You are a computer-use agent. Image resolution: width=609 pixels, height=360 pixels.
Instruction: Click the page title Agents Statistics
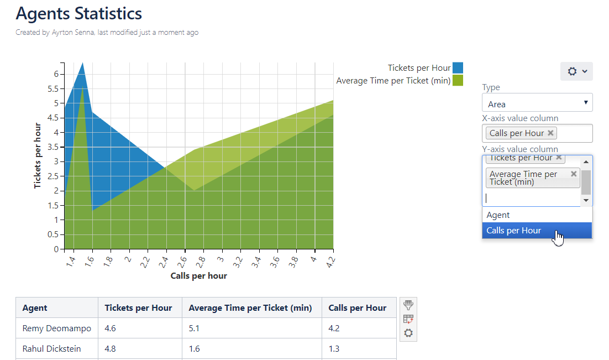tap(78, 13)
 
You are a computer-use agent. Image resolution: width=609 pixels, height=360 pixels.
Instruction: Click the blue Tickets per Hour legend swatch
tap(458, 68)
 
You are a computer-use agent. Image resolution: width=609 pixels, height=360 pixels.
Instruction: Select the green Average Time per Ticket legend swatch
tap(458, 81)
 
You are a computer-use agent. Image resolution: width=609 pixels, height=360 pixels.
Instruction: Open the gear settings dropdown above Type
tap(576, 71)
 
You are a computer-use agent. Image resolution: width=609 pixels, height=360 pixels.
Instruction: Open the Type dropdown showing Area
tap(537, 103)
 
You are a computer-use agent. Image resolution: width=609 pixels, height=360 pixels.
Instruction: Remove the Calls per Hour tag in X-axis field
tap(550, 133)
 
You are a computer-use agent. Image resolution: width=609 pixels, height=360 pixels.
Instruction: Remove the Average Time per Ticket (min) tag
tap(574, 174)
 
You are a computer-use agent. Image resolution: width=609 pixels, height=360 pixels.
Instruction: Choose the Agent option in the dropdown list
tap(498, 215)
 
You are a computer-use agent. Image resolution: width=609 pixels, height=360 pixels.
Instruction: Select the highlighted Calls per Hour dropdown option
tap(514, 231)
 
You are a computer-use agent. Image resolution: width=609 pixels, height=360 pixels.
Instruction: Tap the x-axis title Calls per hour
tap(198, 276)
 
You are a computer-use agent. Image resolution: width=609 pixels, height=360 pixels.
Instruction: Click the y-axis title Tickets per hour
tap(38, 156)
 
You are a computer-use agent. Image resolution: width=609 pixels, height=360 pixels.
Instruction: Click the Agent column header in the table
tap(35, 308)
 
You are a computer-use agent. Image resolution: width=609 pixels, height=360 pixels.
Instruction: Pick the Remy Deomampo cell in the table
tap(56, 328)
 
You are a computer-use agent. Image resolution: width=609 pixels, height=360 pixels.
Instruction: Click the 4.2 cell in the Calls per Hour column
tap(334, 328)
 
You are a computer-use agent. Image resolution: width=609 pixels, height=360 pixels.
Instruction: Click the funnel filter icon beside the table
tap(408, 305)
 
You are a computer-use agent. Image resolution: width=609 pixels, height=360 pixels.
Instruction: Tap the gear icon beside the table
tap(408, 333)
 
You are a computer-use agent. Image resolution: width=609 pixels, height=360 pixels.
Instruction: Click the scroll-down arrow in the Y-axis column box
tap(586, 200)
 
